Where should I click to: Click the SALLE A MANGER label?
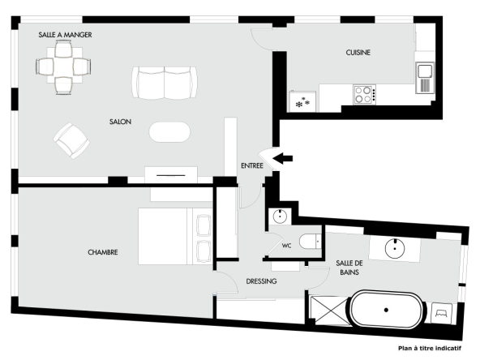pos(65,35)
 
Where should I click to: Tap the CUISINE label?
pos(358,53)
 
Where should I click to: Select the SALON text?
pos(120,122)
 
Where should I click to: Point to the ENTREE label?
pos(252,166)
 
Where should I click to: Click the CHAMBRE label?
pos(103,252)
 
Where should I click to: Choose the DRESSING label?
pos(261,281)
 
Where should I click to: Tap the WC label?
pos(286,246)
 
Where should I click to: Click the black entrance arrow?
pos(282,158)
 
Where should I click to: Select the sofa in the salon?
pos(165,83)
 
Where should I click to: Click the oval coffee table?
pos(169,132)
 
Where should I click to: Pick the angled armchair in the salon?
pos(71,140)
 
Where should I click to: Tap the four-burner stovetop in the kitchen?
pos(364,95)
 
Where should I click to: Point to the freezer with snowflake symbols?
pos(302,101)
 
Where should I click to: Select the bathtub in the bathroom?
pos(386,310)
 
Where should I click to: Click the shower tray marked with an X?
pos(328,310)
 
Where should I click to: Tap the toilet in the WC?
pos(311,242)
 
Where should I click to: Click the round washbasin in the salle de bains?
pos(395,248)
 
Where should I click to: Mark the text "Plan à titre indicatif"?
pos(430,348)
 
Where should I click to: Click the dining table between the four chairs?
pos(64,66)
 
